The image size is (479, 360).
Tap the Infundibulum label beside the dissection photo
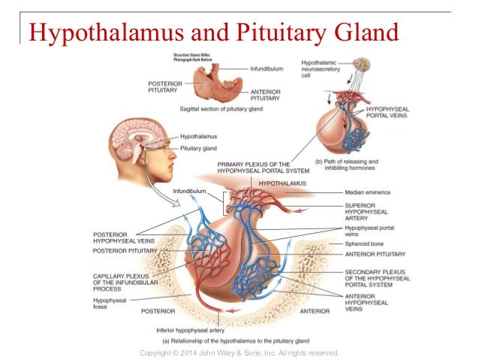[267, 68]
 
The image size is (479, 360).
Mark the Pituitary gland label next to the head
[199, 149]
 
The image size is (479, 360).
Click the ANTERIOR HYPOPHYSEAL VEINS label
[366, 303]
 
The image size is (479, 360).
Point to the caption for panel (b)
[348, 165]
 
